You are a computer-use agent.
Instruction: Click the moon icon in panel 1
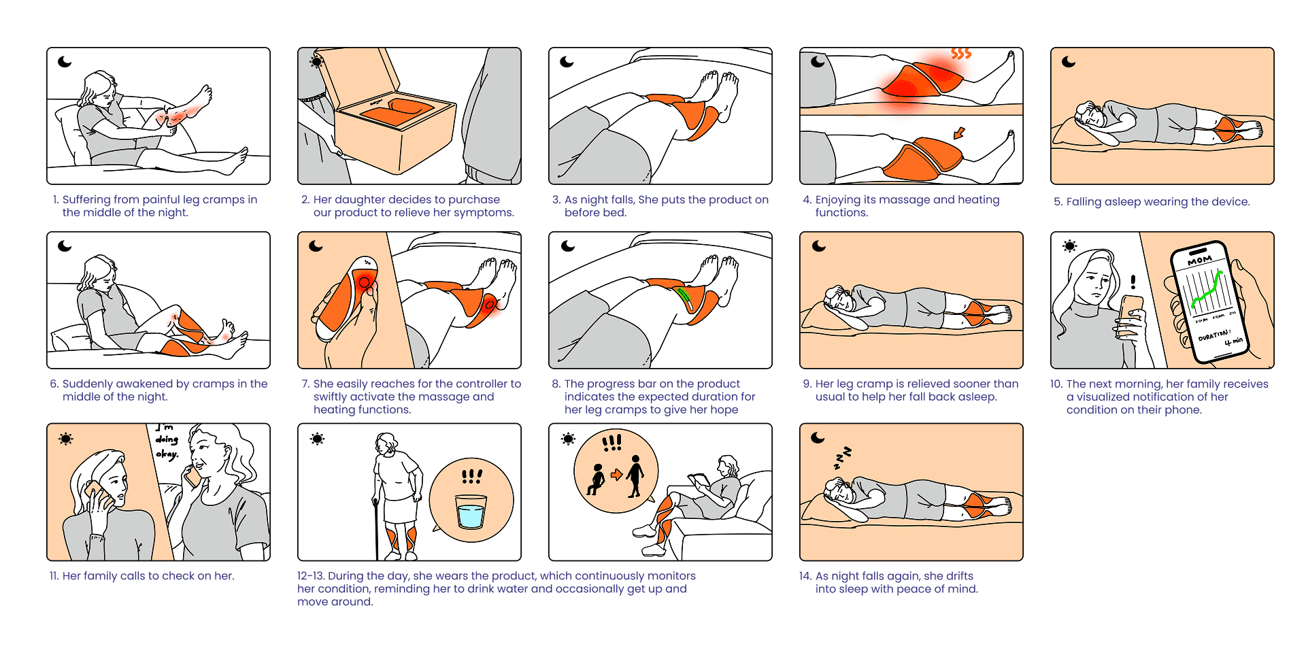pos(65,62)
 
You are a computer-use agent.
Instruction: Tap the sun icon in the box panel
pos(316,62)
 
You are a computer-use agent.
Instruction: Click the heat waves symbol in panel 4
pos(960,53)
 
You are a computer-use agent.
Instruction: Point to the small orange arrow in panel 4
pos(959,133)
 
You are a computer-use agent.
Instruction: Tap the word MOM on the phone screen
pos(1199,260)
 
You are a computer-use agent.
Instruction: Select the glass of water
pos(471,512)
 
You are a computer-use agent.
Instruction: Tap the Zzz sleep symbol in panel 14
pos(843,458)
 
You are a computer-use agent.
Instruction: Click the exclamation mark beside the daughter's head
pos(1133,282)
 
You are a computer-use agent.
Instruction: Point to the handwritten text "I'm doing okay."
pos(167,441)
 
